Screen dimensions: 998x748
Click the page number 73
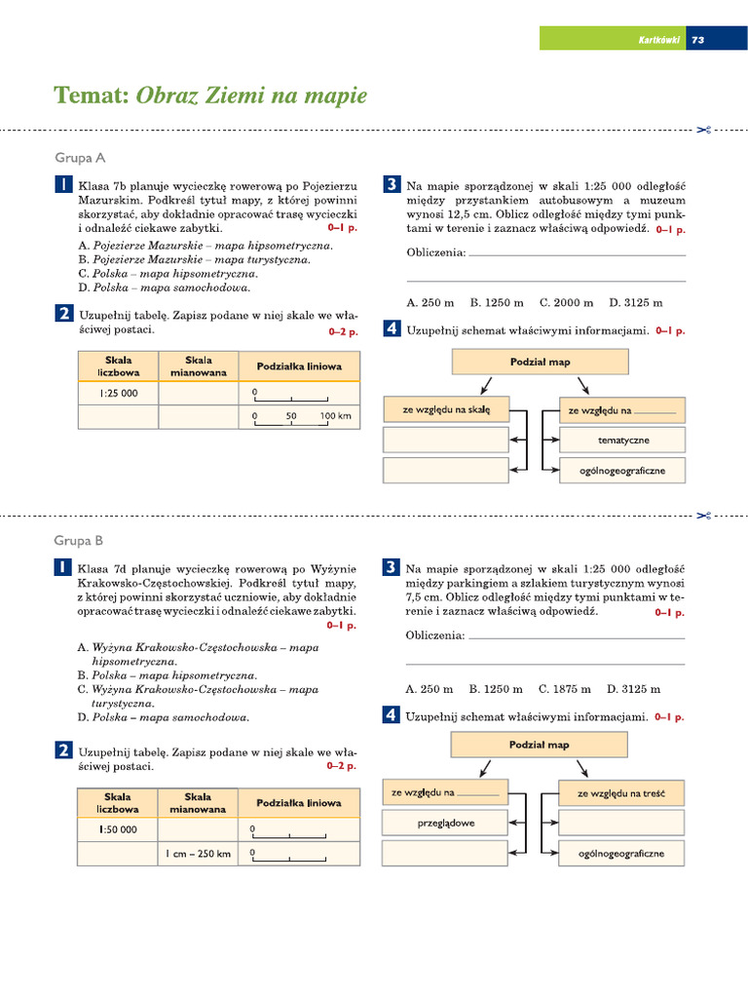coord(697,40)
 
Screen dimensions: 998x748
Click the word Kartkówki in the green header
coord(658,40)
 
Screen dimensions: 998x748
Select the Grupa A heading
coord(80,158)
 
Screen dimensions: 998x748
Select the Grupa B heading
coord(79,540)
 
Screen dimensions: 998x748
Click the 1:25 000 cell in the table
coord(118,393)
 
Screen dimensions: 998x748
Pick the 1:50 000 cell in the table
coord(118,829)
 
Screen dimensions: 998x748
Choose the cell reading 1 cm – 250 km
coord(198,854)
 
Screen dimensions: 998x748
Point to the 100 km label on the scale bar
coord(335,416)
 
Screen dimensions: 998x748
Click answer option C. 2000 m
coord(566,303)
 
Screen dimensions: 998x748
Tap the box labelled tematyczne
coord(622,441)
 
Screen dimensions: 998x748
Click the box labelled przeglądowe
coord(445,824)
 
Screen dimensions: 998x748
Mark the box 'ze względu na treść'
coord(621,793)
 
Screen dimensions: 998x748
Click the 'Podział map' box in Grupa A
coord(540,362)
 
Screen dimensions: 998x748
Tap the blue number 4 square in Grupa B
coord(391,716)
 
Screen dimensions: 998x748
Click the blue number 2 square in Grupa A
coord(62,314)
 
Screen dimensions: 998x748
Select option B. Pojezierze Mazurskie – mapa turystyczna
coord(195,260)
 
